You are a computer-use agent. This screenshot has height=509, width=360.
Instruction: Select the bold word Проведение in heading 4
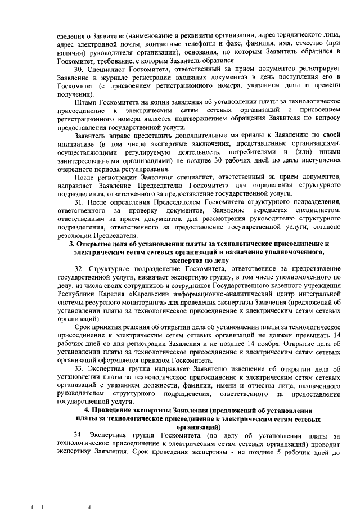tap(120, 411)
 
